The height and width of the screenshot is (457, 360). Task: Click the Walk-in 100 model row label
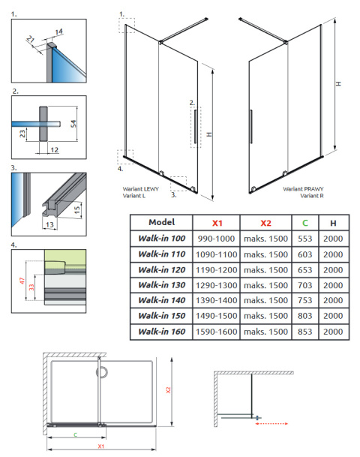(x=161, y=238)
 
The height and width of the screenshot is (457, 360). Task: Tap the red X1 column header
(x=217, y=222)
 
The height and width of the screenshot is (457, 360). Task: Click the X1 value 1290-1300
(x=217, y=285)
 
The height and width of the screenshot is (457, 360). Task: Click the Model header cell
(x=161, y=222)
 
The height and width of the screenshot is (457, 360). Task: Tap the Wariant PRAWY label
(x=302, y=189)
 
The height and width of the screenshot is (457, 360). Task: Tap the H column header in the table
(x=333, y=222)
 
